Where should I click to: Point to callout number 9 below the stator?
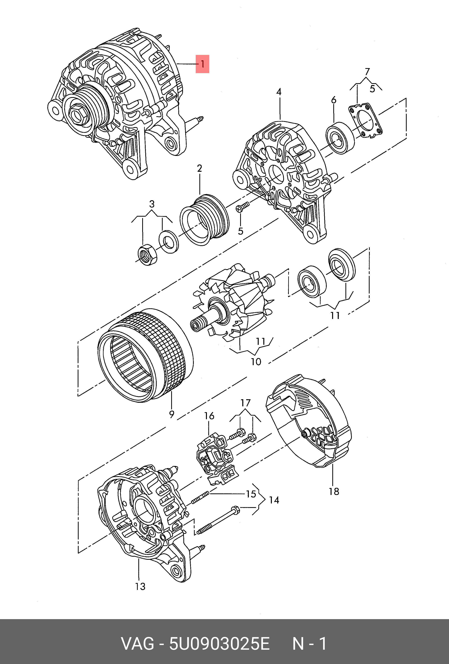click(172, 414)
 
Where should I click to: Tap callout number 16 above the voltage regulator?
click(209, 416)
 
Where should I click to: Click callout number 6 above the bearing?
click(334, 100)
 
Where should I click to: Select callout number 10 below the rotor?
click(256, 362)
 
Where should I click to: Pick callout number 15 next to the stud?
click(251, 494)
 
